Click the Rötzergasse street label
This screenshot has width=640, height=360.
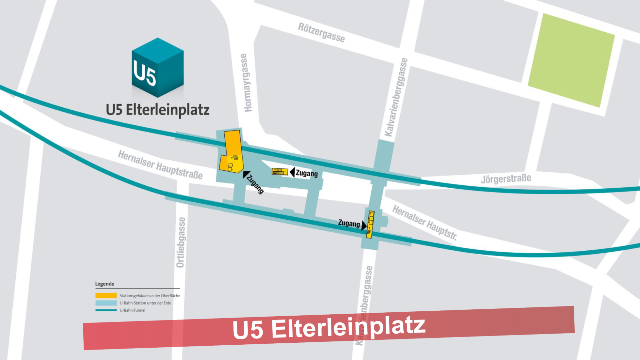click(321, 33)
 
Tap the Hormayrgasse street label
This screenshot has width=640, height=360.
click(247, 83)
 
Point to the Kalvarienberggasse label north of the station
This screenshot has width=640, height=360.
click(396, 97)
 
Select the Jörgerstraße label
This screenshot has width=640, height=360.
click(506, 179)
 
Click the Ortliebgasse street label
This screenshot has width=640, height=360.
click(181, 243)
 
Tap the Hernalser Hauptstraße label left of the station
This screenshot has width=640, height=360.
click(160, 165)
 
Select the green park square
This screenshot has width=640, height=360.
click(571, 60)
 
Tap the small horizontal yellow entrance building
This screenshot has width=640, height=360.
click(280, 171)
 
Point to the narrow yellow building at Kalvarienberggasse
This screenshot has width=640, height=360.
click(370, 224)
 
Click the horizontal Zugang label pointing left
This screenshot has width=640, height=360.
click(306, 173)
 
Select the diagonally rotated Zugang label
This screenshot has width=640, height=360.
click(255, 184)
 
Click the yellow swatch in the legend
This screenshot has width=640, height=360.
click(106, 295)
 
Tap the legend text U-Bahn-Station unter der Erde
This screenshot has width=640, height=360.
click(145, 303)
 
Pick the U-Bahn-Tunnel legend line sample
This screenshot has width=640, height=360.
click(106, 310)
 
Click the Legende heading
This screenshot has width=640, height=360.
click(104, 284)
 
